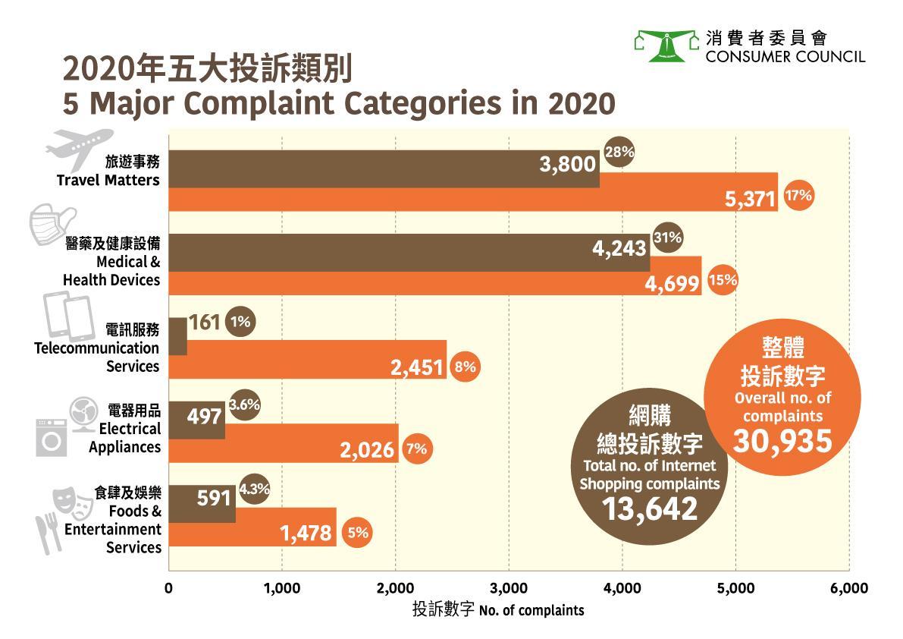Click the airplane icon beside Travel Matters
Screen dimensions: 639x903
click(x=74, y=145)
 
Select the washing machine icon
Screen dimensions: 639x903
click(x=51, y=439)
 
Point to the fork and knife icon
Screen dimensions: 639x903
click(x=49, y=532)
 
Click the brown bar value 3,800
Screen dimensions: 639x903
click(x=567, y=163)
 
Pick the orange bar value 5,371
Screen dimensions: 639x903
click(x=749, y=200)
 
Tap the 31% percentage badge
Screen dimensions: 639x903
click(x=668, y=238)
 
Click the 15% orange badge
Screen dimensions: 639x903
click(x=723, y=280)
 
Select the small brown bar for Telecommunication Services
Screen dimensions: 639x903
click(x=177, y=336)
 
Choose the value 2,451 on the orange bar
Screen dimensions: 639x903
click(x=417, y=367)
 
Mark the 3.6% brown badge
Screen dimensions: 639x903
click(x=244, y=405)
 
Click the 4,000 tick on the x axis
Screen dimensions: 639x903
click(x=622, y=588)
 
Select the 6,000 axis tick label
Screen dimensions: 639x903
click(x=849, y=588)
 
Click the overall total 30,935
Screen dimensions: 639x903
click(x=782, y=440)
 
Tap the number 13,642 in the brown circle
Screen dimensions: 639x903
click(x=649, y=508)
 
